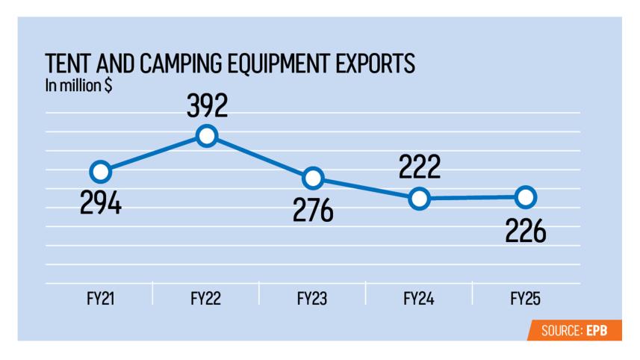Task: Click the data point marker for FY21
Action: coord(101,173)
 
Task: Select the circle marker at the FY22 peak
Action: coord(207,135)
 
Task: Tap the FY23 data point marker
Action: coord(313,178)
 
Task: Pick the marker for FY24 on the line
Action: coord(420,199)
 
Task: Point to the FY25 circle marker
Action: coord(526,197)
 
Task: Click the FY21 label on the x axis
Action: coord(99,299)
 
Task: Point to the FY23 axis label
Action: coord(312,299)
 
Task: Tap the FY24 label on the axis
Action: coord(419,299)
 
